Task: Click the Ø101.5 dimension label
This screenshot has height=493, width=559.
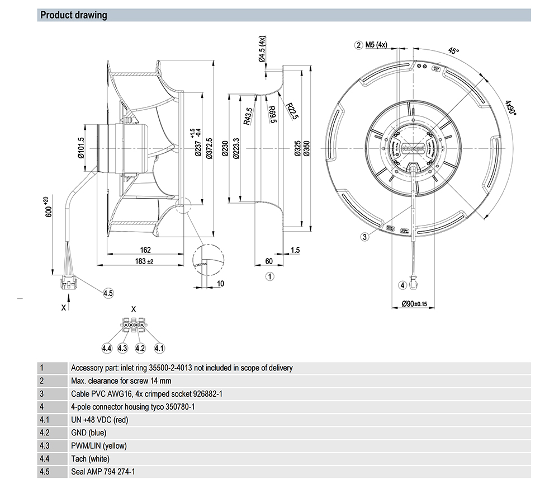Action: pos(81,148)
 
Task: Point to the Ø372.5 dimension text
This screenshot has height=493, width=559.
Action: pos(209,148)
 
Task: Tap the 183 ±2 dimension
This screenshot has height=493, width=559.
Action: pos(144,261)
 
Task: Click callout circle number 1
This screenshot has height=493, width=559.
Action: pos(269,276)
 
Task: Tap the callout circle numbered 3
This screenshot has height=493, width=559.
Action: pos(365,237)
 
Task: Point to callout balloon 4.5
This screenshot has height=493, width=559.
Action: pos(108,293)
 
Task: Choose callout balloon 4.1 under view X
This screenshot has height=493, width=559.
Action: pos(159,348)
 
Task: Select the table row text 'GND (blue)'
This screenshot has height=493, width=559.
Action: pos(88,433)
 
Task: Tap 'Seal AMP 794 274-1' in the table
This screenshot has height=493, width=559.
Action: pos(103,472)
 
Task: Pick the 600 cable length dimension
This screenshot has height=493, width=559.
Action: pos(49,207)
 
